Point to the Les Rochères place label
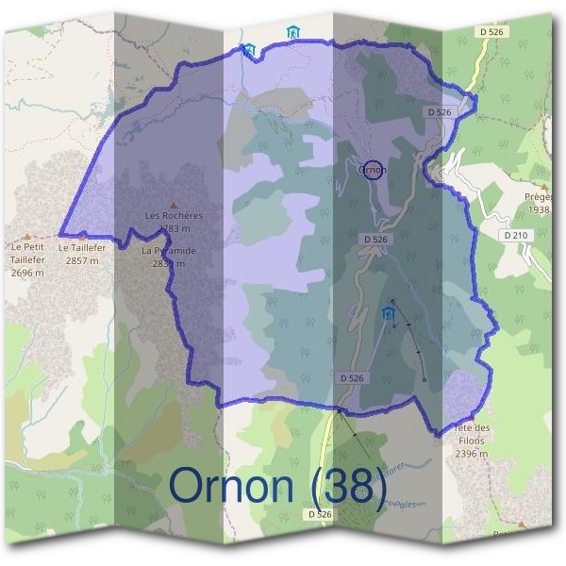(x=174, y=215)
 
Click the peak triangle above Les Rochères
(x=173, y=204)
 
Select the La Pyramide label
(x=168, y=251)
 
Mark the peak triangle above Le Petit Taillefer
(x=27, y=237)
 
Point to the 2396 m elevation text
(x=471, y=454)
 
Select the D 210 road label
(x=515, y=234)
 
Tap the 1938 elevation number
(x=539, y=209)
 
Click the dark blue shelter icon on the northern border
(x=248, y=49)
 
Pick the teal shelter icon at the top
(x=293, y=33)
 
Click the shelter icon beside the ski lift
(x=388, y=313)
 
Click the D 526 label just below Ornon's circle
(x=377, y=240)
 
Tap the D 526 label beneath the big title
(x=320, y=514)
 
